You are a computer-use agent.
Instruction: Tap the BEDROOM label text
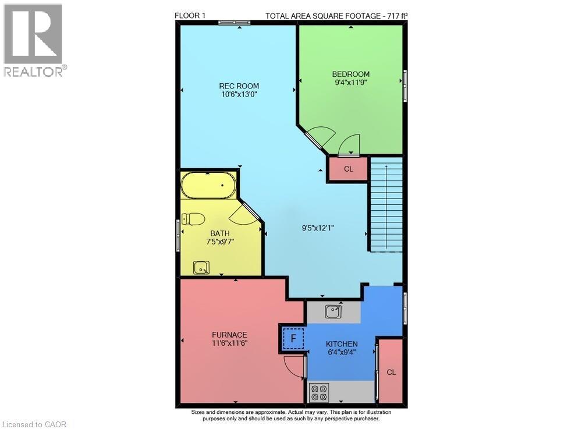351,74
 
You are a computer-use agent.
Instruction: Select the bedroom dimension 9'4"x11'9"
351,83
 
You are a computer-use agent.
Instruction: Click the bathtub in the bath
208,186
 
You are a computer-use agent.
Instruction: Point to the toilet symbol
193,219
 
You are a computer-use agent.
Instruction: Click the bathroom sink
201,267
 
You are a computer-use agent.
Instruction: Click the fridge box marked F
293,338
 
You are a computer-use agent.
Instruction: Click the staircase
386,207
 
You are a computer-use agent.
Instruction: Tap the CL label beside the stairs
348,169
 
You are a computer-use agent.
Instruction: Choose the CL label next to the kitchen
391,373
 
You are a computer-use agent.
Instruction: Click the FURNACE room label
229,335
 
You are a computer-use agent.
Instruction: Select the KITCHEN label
342,344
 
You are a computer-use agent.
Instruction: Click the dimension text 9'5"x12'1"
314,228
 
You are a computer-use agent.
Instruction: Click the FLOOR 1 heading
190,16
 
